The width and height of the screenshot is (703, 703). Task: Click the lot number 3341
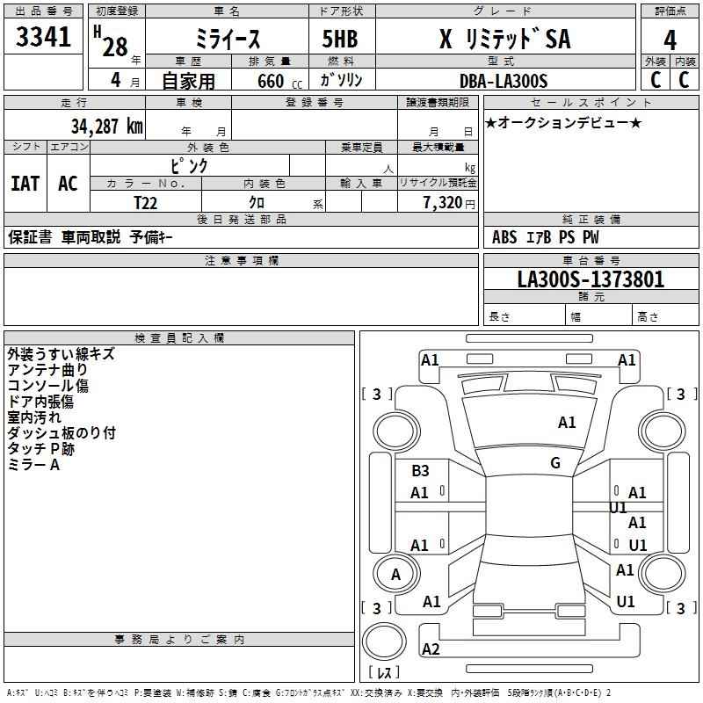(43, 40)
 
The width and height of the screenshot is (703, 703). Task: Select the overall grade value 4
(670, 40)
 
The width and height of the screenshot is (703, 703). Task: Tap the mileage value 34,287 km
(106, 126)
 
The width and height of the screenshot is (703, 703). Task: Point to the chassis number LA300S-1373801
(591, 280)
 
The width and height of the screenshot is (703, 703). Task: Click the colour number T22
(147, 202)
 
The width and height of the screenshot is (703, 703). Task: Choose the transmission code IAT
(25, 183)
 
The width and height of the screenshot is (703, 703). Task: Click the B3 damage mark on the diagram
(421, 471)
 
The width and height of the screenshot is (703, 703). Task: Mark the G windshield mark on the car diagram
(555, 463)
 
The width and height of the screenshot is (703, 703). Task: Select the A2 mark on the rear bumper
(431, 649)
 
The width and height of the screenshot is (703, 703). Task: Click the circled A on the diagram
(395, 575)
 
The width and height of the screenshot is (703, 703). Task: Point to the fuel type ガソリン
(342, 80)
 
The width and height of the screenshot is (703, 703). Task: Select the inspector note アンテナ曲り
(47, 370)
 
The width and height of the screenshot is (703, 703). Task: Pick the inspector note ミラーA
(33, 465)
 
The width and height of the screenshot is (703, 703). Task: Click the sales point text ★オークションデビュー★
(563, 122)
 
